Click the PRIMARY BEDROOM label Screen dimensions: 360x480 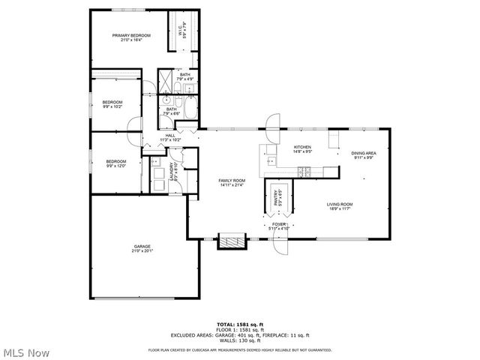click(x=131, y=36)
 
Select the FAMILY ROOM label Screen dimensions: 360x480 click(x=232, y=181)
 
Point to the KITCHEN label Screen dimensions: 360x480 click(x=302, y=147)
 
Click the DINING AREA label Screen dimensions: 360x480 click(x=363, y=154)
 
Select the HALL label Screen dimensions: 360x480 click(x=170, y=136)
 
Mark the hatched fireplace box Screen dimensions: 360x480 click(x=232, y=241)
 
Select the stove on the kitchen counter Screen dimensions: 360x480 click(x=304, y=172)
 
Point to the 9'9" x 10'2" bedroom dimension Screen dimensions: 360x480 click(x=112, y=106)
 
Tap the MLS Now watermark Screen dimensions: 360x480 click(x=26, y=352)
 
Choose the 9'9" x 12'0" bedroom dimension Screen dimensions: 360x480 click(x=115, y=166)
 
